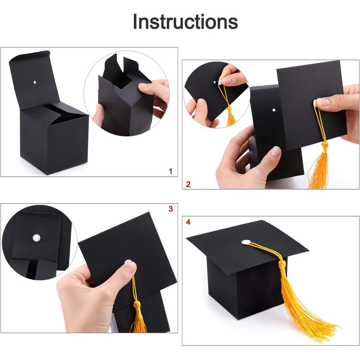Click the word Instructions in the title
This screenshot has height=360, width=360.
[x=185, y=22]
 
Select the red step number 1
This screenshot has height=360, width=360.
[x=170, y=171]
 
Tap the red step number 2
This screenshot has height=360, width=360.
[x=188, y=184]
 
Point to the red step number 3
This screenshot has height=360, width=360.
[x=171, y=209]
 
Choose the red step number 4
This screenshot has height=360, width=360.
[x=188, y=222]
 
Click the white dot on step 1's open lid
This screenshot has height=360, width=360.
[x=35, y=83]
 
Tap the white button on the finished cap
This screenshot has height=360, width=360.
[x=246, y=242]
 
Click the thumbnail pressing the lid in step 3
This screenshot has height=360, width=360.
[x=129, y=267]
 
